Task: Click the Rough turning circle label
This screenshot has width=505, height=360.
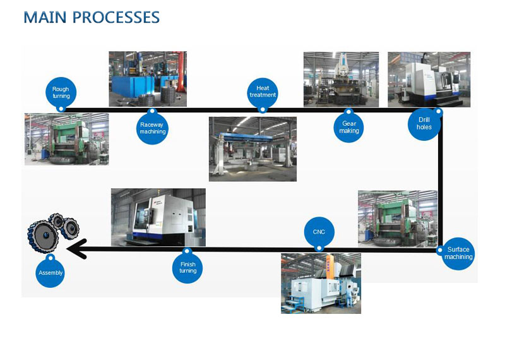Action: point(61,93)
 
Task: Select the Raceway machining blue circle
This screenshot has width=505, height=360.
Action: point(152,128)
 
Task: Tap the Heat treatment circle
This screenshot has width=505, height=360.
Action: point(263,91)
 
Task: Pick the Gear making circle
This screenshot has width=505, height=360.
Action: point(349,128)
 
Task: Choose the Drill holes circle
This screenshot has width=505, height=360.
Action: point(424,123)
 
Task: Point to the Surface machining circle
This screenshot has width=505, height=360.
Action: point(458,253)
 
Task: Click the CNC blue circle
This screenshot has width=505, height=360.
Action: point(319,232)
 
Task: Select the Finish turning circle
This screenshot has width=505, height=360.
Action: point(187,267)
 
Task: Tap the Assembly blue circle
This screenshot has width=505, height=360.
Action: point(50,272)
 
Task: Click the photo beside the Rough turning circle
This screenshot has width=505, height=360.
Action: point(66,139)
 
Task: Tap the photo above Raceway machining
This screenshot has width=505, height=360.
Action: point(148,79)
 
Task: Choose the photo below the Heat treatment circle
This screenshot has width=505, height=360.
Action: point(252,149)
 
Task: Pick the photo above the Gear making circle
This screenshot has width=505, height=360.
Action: point(341,80)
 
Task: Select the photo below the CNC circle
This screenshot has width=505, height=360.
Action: point(321,283)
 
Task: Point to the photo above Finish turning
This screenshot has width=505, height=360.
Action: point(158,217)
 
